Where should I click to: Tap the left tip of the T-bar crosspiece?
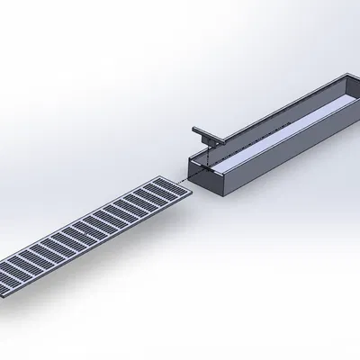tap(192, 129)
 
